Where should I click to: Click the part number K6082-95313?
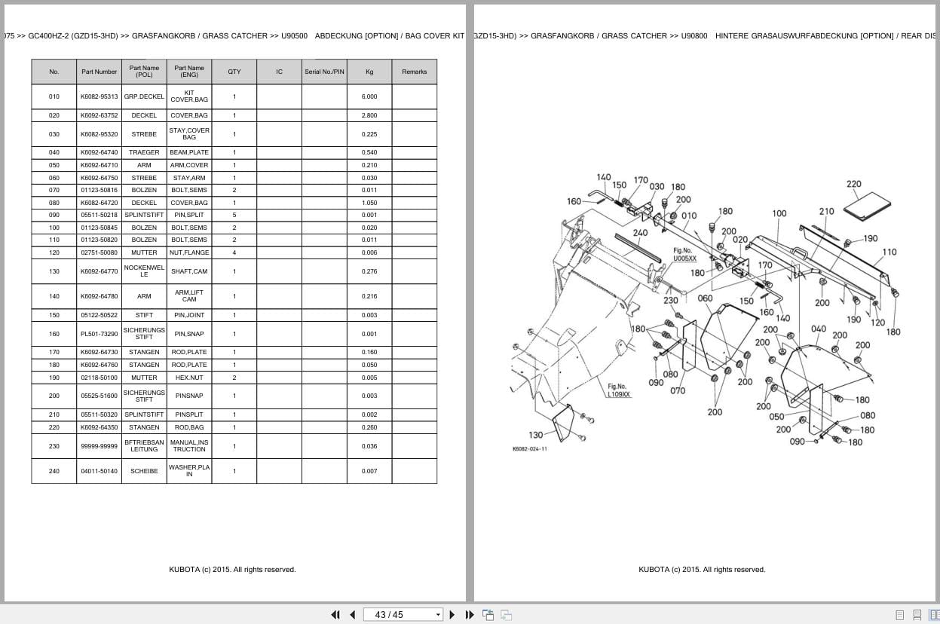(x=99, y=96)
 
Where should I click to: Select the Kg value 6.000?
(x=369, y=96)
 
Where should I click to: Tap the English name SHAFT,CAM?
(x=189, y=271)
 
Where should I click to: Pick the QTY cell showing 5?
(x=234, y=215)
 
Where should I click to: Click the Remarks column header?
(x=414, y=72)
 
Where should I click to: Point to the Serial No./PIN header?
(x=324, y=72)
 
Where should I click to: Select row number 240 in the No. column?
(x=54, y=471)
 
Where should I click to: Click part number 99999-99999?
(x=99, y=446)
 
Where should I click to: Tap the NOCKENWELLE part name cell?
(x=144, y=271)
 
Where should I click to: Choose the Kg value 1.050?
(x=369, y=203)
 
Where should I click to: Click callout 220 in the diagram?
(x=853, y=184)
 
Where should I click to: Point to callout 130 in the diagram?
(x=535, y=435)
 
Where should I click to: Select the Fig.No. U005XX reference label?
(x=684, y=255)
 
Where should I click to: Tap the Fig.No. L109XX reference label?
(x=619, y=390)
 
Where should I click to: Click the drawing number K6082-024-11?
(x=530, y=449)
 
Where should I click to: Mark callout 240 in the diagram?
(x=640, y=232)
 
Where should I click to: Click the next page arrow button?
(x=452, y=615)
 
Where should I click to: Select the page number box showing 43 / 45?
(x=403, y=615)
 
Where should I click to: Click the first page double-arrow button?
(x=335, y=615)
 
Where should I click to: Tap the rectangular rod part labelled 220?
(x=867, y=206)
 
